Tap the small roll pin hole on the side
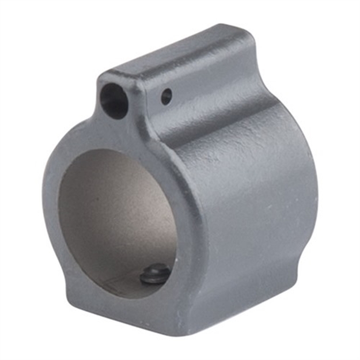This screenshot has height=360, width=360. [x=166, y=97]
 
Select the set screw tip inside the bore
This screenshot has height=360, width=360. [x=155, y=273]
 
